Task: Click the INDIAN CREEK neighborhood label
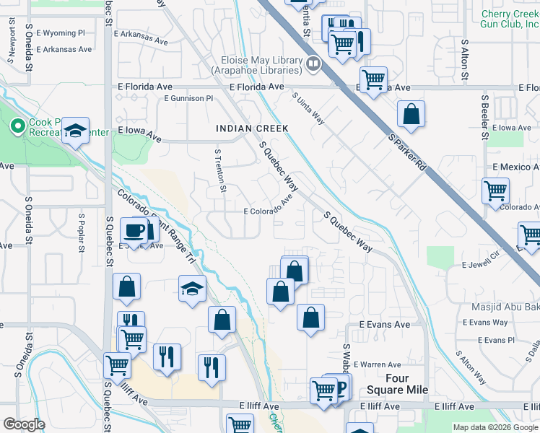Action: pyautogui.click(x=252, y=128)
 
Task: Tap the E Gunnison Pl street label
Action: pyautogui.click(x=188, y=98)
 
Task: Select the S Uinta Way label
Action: pyautogui.click(x=308, y=107)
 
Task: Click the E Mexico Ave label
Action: pyautogui.click(x=515, y=167)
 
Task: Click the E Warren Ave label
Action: pyautogui.click(x=377, y=365)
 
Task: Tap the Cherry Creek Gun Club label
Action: pyautogui.click(x=510, y=19)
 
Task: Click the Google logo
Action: pyautogui.click(x=24, y=424)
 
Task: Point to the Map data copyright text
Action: pyautogui.click(x=495, y=427)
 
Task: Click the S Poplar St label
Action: pyautogui.click(x=82, y=229)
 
